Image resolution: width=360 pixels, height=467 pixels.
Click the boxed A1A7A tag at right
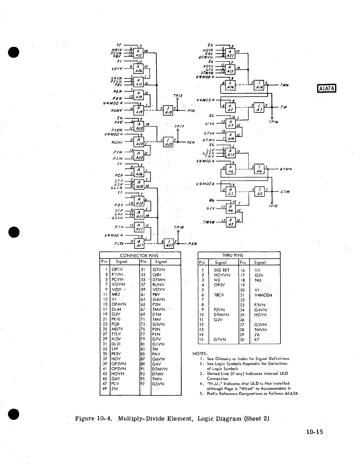click(326, 88)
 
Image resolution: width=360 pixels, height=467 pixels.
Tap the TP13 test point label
click(178, 96)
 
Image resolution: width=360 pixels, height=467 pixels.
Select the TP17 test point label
click(179, 126)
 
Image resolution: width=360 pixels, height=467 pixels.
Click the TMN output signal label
click(284, 85)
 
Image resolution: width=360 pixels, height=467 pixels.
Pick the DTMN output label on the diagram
click(286, 169)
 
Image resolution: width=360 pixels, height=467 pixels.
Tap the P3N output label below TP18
click(192, 244)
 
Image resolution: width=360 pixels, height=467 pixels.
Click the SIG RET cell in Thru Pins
click(222, 270)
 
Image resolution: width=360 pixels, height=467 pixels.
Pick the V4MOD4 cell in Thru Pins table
click(263, 295)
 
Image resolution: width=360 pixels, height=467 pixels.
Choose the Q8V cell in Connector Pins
click(157, 274)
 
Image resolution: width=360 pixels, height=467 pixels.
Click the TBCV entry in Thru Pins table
click(219, 295)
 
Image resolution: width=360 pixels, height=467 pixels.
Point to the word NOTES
click(200, 353)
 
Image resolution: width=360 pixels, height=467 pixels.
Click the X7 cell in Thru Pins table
click(257, 340)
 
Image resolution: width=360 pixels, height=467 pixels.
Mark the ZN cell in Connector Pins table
click(115, 389)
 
